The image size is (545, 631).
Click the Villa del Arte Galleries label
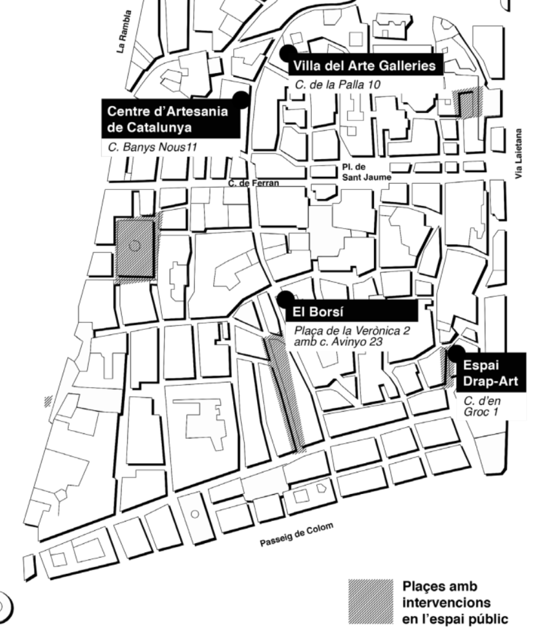coord(366,66)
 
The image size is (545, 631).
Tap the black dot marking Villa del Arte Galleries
coord(287,52)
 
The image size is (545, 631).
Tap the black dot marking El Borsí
coord(285,299)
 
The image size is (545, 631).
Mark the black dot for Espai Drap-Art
coord(456,353)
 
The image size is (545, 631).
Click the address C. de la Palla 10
coord(336,84)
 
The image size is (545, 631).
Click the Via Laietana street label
coord(520,154)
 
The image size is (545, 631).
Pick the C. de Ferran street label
coord(253,183)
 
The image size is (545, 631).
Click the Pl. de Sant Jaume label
coord(366,172)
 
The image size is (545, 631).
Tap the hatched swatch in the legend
coord(370,600)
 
